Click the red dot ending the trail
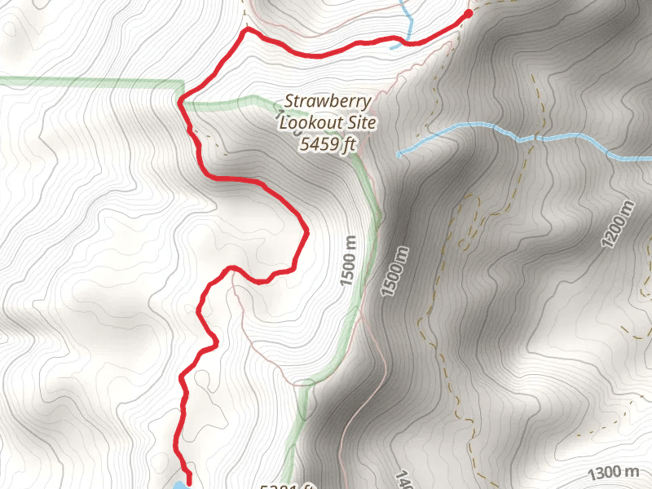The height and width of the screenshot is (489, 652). (x=469, y=13)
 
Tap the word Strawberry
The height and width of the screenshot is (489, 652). (x=328, y=102)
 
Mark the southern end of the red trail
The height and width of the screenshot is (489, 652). (x=189, y=480)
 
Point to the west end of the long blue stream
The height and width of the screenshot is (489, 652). (x=399, y=153)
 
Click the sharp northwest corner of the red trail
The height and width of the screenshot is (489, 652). (x=246, y=31)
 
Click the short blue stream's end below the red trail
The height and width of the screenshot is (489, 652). (x=392, y=47)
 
